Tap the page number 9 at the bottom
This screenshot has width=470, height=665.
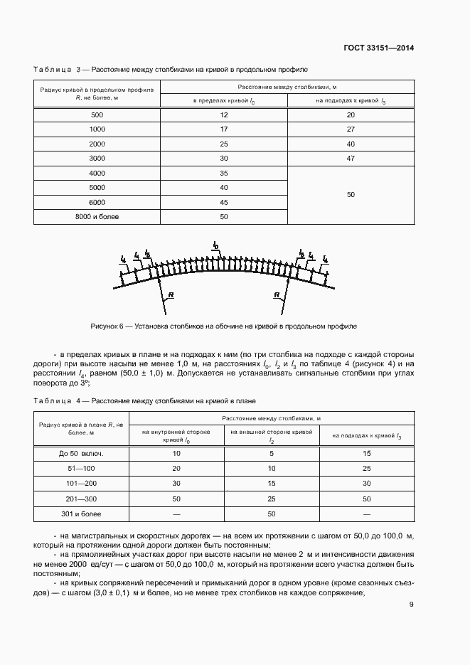(x=411, y=605)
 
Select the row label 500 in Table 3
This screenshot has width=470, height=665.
(x=97, y=115)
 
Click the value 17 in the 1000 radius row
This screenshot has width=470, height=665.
(x=224, y=129)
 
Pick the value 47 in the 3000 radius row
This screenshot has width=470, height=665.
(x=350, y=158)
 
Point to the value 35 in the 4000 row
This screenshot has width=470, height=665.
(x=224, y=173)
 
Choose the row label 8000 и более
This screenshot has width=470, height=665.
(x=97, y=216)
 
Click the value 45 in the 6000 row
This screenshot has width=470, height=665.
(x=224, y=202)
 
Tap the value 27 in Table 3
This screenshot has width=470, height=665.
(x=350, y=129)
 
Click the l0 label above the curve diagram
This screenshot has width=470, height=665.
(x=215, y=245)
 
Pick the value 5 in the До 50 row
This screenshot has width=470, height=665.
(x=271, y=453)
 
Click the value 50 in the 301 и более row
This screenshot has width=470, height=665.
(x=271, y=513)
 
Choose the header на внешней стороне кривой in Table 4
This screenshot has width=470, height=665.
(x=271, y=435)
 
